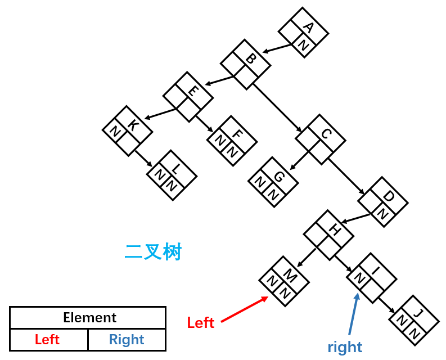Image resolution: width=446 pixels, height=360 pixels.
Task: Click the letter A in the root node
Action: click(x=309, y=28)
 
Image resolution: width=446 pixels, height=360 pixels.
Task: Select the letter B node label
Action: click(x=251, y=59)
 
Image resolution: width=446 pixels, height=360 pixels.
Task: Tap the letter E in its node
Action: click(x=193, y=91)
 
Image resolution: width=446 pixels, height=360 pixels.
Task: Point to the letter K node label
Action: click(x=133, y=125)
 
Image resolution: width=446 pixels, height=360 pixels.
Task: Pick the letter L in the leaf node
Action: click(x=177, y=169)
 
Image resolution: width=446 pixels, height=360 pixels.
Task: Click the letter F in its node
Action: click(x=237, y=134)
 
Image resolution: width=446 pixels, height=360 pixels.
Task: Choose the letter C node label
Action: click(x=326, y=134)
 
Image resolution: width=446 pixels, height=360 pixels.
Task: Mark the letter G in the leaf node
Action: click(x=279, y=177)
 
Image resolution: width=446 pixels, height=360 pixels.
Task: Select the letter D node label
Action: click(x=389, y=196)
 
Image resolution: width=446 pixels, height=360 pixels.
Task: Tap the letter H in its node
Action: click(x=335, y=229)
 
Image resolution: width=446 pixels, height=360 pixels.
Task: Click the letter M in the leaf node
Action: click(x=290, y=276)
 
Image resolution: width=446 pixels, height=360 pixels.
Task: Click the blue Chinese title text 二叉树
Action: click(x=154, y=252)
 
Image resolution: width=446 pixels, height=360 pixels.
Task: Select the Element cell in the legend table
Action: click(x=88, y=318)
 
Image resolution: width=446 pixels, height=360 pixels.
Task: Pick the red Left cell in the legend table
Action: click(x=48, y=340)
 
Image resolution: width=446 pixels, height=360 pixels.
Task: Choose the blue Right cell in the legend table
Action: click(x=127, y=340)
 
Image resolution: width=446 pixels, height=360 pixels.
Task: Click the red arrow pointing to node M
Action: click(x=245, y=309)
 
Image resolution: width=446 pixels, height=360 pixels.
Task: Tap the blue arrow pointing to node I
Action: click(x=354, y=314)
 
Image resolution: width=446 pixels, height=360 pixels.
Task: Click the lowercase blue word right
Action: click(x=345, y=347)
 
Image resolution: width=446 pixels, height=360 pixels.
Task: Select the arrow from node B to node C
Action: click(x=277, y=108)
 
